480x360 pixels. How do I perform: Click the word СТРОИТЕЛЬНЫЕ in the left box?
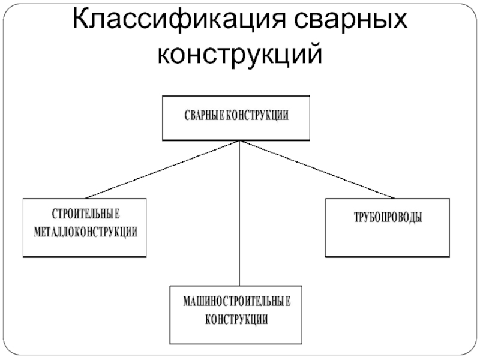point(85,214)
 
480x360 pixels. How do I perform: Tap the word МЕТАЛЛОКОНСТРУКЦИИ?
point(85,232)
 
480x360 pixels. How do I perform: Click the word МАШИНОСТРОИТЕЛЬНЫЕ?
point(237,301)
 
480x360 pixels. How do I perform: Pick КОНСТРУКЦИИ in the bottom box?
point(237,319)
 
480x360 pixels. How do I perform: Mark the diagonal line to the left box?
point(162,170)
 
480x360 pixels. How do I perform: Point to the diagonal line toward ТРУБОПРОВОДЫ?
point(318,170)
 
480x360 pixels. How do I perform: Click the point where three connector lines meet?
point(240,142)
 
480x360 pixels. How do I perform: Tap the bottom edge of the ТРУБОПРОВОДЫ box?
point(387,257)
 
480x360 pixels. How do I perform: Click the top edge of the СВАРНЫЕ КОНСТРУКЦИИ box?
point(236,96)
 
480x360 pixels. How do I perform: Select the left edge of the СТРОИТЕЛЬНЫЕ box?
point(23,228)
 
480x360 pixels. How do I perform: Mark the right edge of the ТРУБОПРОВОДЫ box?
point(449,228)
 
